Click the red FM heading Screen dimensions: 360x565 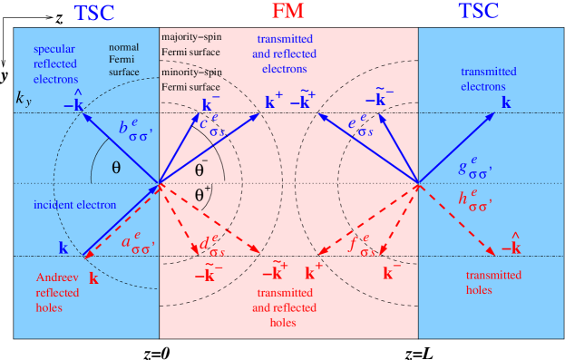(288, 12)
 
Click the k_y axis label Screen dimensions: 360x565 (24, 98)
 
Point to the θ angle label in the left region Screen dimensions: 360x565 (116, 168)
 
